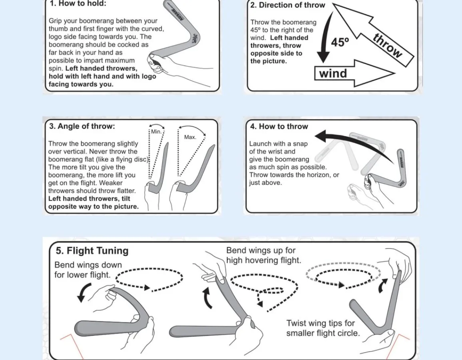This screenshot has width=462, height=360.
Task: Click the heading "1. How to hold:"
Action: pyautogui.click(x=78, y=4)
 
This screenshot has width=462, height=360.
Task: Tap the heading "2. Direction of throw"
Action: pyautogui.click(x=288, y=5)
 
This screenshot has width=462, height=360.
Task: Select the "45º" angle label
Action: pyautogui.click(x=340, y=42)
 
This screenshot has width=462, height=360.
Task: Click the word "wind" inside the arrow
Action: pyautogui.click(x=333, y=74)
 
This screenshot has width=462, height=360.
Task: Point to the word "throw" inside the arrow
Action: pyautogui.click(x=387, y=46)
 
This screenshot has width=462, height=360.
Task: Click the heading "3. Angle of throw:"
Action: pyautogui.click(x=82, y=126)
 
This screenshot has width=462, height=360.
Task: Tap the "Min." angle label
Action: pyautogui.click(x=156, y=132)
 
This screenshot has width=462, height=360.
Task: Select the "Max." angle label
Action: pyautogui.click(x=190, y=137)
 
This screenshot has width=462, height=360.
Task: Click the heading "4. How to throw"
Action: pyautogui.click(x=279, y=127)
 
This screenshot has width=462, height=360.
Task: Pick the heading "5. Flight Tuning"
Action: pyautogui.click(x=92, y=251)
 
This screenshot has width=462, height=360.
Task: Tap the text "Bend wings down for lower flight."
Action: pyautogui.click(x=88, y=270)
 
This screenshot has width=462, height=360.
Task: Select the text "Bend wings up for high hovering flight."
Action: pyautogui.click(x=263, y=255)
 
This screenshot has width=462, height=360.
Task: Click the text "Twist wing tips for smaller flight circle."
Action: pyautogui.click(x=323, y=328)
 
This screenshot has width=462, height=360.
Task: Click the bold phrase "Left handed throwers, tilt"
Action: pyautogui.click(x=89, y=199)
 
